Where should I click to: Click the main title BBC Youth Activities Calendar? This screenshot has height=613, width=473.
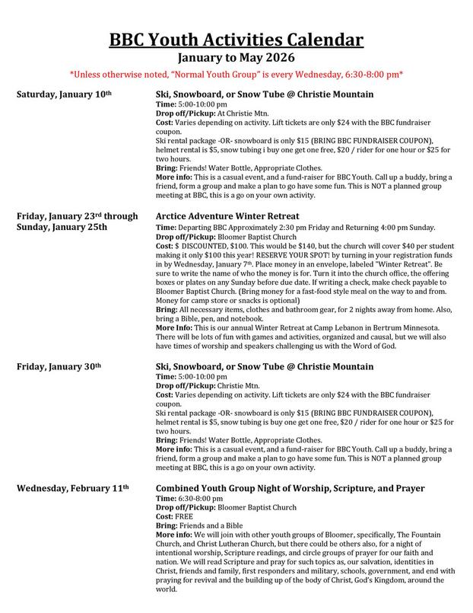click(236, 40)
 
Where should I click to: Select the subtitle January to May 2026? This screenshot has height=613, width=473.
click(236, 57)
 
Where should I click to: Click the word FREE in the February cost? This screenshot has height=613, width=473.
click(184, 514)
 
